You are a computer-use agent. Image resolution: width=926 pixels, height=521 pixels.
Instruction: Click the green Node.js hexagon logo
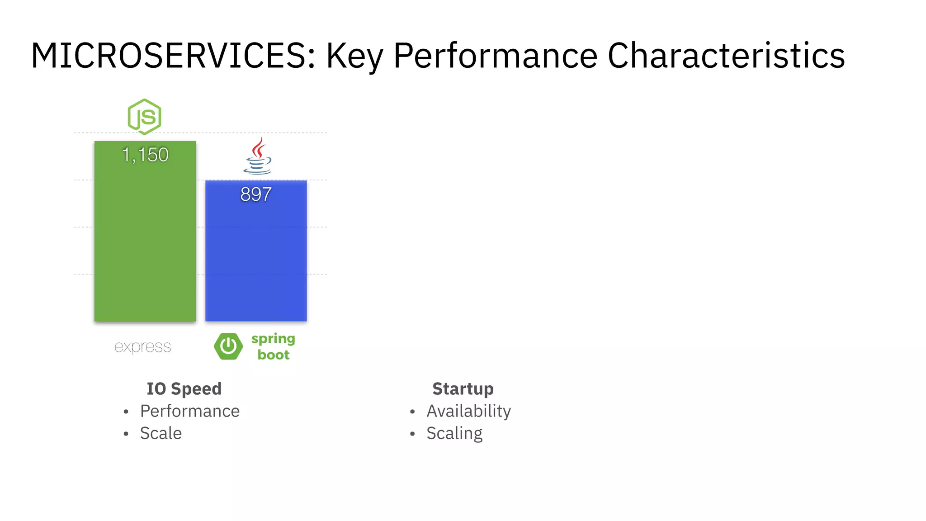tap(144, 117)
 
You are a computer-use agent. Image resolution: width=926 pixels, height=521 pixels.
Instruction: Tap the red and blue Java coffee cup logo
tap(258, 156)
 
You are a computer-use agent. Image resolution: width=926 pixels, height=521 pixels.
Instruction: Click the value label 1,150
tap(145, 155)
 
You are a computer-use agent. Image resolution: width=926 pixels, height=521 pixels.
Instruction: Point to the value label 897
tap(256, 194)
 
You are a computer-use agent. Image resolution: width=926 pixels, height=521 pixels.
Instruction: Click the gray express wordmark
tap(142, 347)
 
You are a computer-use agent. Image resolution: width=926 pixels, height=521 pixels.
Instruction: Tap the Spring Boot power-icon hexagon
tap(228, 346)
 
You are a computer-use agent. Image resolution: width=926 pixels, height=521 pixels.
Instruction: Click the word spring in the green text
tap(273, 339)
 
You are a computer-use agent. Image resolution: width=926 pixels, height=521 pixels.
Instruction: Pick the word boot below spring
tap(274, 355)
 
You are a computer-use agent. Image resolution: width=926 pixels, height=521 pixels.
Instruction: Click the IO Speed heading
tap(184, 389)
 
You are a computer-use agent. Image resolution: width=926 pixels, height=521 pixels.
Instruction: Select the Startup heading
tap(463, 389)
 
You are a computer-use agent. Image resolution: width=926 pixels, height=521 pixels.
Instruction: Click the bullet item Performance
tap(190, 411)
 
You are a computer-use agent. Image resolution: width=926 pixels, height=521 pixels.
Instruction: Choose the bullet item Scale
tap(161, 433)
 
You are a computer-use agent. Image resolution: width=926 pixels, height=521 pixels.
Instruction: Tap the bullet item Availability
tap(469, 411)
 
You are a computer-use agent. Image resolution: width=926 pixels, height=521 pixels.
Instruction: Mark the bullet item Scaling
tap(454, 433)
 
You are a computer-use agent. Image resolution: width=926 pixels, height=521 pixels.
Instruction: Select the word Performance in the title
tap(496, 56)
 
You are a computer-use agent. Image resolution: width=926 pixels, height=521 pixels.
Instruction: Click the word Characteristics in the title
tap(726, 56)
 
